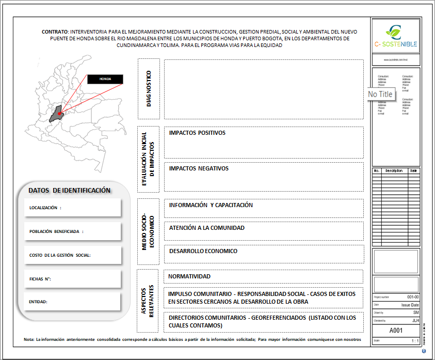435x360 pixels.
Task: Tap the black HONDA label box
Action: [x=105, y=79]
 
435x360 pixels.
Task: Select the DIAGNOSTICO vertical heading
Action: [x=149, y=89]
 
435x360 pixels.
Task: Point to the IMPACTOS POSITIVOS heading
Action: [x=197, y=133]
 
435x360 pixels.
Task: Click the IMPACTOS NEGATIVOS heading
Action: [x=199, y=168]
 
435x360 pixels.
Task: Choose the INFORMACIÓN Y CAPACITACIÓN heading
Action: [x=211, y=205]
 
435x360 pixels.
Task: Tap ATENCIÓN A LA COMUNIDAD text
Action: [x=206, y=228]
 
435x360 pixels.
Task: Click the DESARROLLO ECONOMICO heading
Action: [x=203, y=251]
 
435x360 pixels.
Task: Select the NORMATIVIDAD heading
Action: [x=189, y=276]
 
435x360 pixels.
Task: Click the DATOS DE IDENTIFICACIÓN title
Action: [x=70, y=190]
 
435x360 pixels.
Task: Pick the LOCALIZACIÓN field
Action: [x=46, y=208]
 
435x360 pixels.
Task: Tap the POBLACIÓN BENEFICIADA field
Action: [x=56, y=231]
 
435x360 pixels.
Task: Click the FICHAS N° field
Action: [x=40, y=279]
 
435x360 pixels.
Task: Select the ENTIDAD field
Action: [x=39, y=302]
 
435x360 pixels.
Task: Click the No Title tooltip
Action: [x=381, y=94]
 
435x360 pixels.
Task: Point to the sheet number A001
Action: [x=395, y=331]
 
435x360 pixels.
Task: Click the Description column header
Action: [x=393, y=170]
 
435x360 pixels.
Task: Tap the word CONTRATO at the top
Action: [x=55, y=32]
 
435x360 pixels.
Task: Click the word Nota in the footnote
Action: [x=29, y=339]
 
